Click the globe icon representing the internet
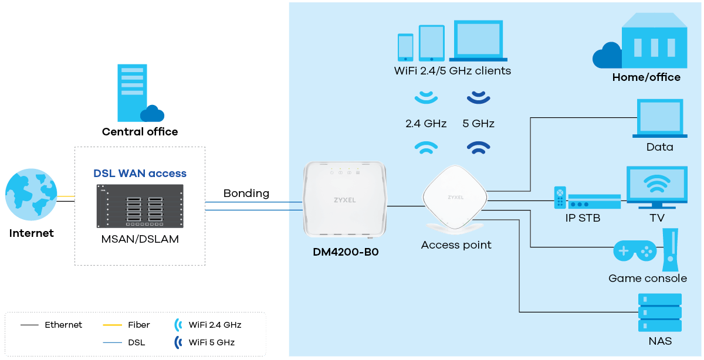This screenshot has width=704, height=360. pyautogui.click(x=31, y=195)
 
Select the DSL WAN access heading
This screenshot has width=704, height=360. pyautogui.click(x=140, y=174)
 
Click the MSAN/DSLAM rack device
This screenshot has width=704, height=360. pyautogui.click(x=140, y=206)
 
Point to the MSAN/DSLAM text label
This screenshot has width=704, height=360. pyautogui.click(x=140, y=240)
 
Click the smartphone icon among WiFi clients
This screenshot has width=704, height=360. pyautogui.click(x=405, y=47)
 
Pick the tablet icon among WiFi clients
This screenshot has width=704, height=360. pyautogui.click(x=431, y=43)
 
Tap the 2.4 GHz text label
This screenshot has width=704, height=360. pyautogui.click(x=426, y=124)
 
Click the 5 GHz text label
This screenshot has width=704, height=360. pyautogui.click(x=478, y=124)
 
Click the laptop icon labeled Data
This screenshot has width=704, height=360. pyautogui.click(x=660, y=119)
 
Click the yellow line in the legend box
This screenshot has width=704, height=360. pyautogui.click(x=112, y=325)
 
